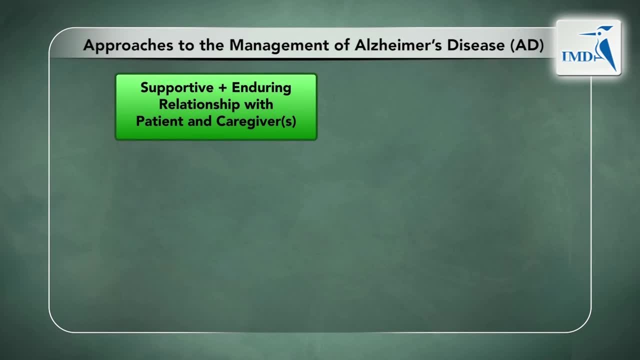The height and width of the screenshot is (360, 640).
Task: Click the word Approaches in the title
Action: click(128, 45)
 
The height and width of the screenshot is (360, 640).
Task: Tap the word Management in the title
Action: click(279, 45)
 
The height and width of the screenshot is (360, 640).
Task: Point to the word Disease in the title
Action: click(475, 45)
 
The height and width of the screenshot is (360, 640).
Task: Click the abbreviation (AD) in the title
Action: click(527, 45)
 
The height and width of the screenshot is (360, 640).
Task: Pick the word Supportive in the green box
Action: click(177, 87)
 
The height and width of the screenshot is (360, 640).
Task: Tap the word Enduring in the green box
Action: click(261, 87)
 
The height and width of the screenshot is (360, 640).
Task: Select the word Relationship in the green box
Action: click(199, 104)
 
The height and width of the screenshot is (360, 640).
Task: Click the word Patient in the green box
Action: click(159, 121)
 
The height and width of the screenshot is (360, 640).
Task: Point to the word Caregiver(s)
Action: click(256, 121)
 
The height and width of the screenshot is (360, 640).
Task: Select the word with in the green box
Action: click(258, 104)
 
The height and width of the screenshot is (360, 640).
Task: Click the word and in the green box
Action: click(199, 121)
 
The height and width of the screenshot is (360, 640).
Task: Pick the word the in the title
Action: click(211, 45)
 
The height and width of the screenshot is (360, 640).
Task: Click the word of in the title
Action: click(341, 45)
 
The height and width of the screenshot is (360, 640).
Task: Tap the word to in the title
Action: click(186, 46)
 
